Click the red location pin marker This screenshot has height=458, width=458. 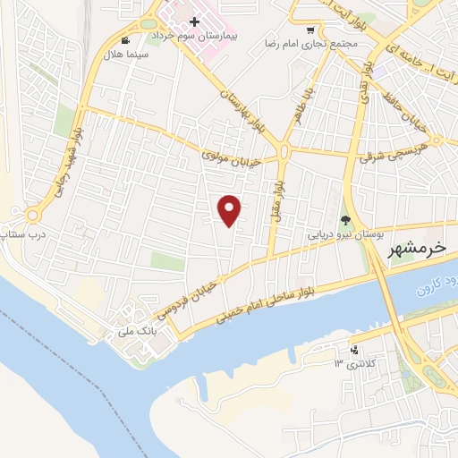(x=231, y=209)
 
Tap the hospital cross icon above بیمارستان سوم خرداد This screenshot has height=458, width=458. (x=194, y=21)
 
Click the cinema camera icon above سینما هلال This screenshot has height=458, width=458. (x=124, y=39)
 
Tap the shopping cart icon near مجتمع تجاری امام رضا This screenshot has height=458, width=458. (x=310, y=30)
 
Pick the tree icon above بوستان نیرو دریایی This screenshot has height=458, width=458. (x=346, y=221)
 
